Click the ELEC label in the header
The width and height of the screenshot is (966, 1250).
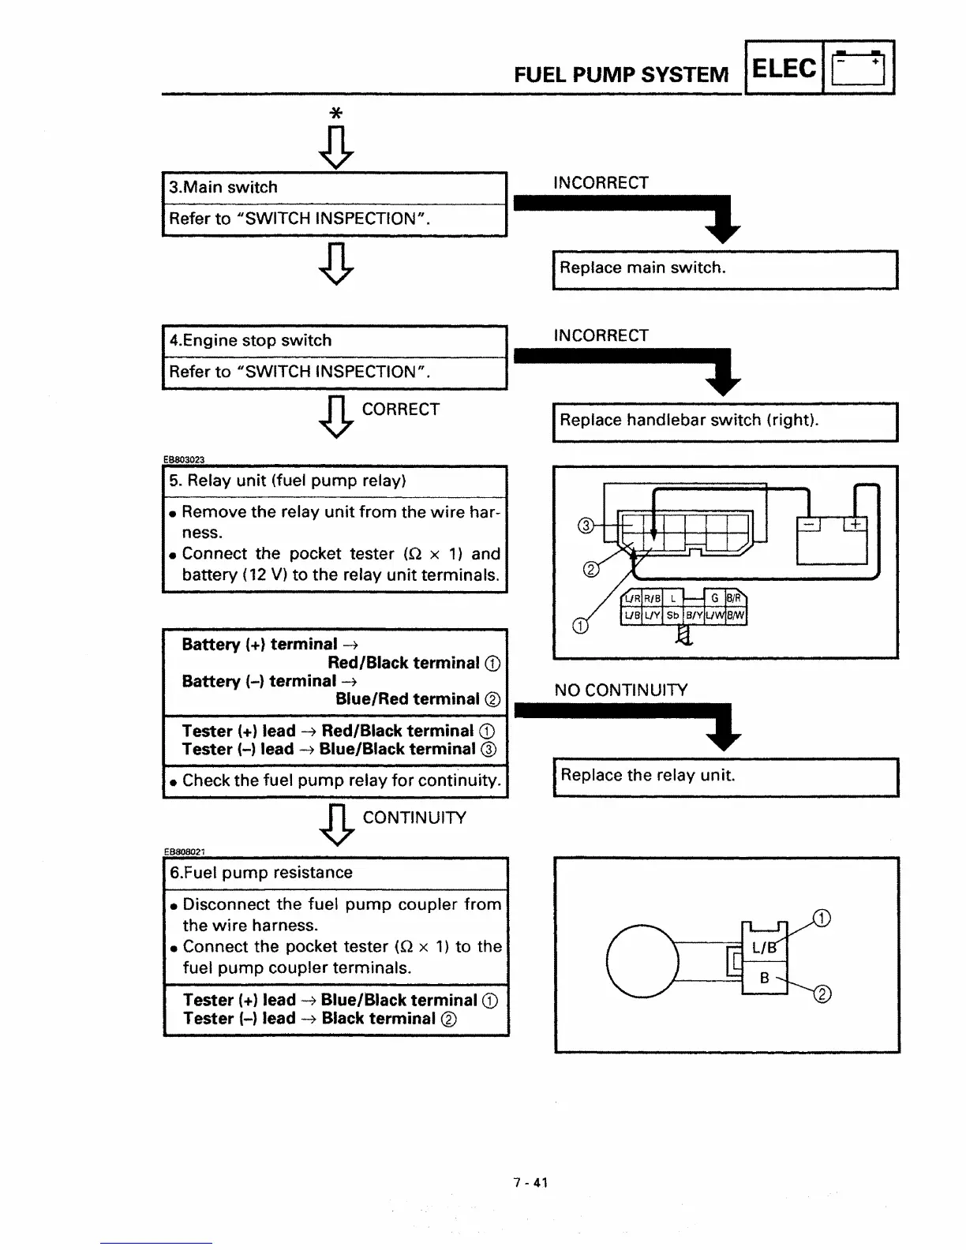(784, 69)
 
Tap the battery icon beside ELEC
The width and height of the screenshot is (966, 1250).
(859, 69)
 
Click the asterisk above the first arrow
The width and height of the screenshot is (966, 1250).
(335, 114)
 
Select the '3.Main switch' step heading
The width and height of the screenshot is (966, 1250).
(223, 188)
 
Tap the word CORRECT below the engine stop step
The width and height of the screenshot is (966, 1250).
(400, 410)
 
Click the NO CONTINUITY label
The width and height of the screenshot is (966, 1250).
(620, 690)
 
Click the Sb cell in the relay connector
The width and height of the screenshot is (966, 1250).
(672, 616)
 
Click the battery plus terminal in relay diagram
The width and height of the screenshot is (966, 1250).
(856, 525)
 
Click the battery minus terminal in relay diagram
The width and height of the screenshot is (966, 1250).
(810, 525)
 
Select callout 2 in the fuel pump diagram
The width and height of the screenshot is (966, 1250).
(822, 994)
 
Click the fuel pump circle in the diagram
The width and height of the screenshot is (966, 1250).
(642, 960)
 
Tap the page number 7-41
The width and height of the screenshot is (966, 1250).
(530, 1183)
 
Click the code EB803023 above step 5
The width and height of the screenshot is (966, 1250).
(184, 459)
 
